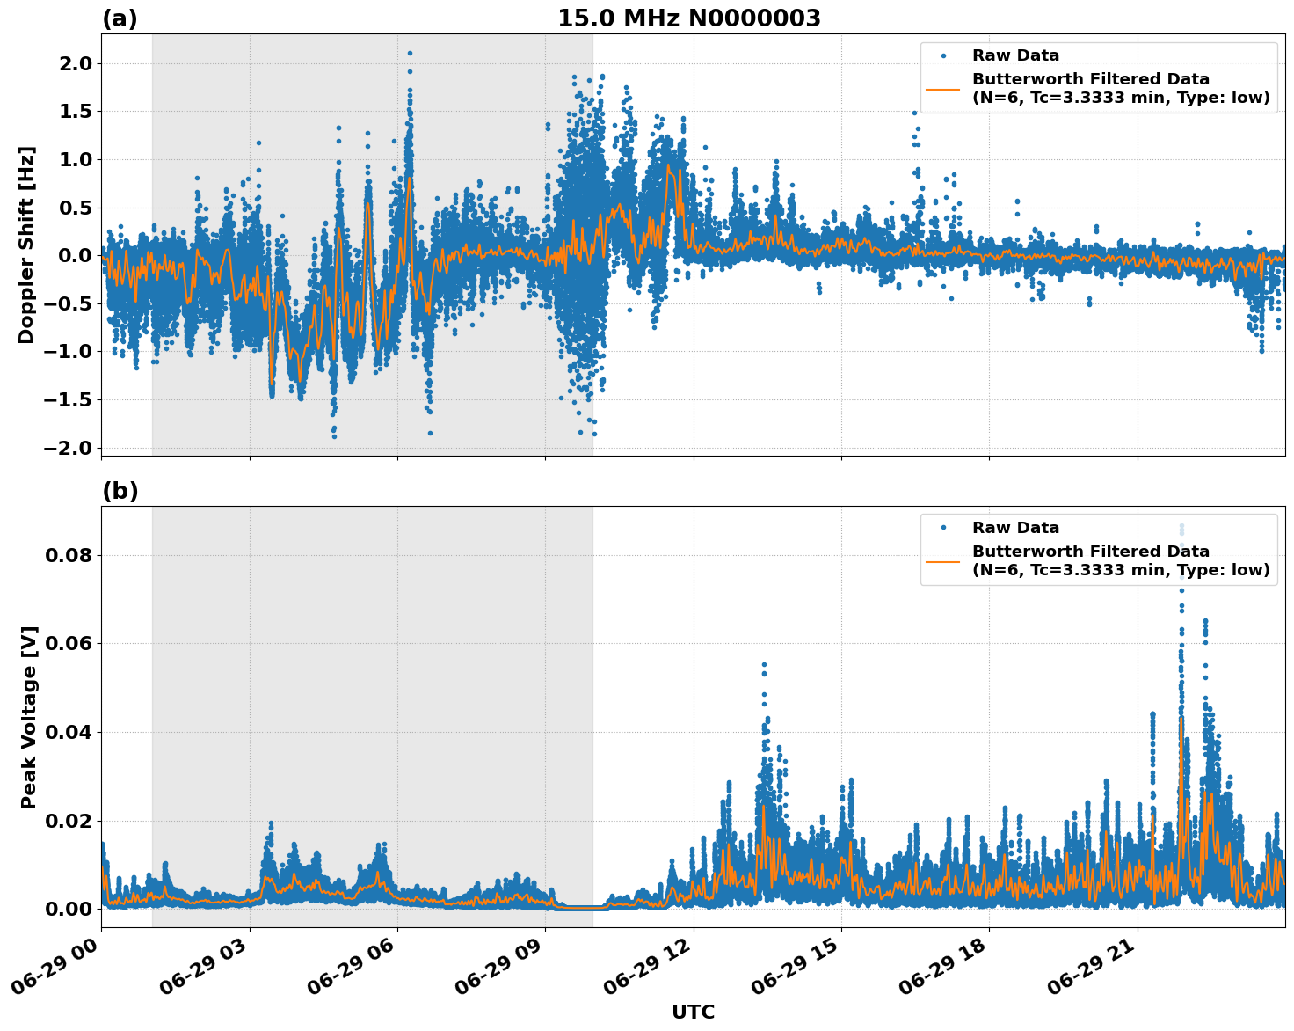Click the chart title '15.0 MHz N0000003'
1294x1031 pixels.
click(688, 18)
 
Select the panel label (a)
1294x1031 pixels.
click(120, 18)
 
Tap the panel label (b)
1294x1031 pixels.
click(120, 491)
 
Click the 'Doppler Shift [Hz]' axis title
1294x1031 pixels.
click(26, 245)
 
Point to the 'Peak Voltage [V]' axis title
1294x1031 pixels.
click(29, 717)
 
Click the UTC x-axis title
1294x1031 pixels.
click(693, 1012)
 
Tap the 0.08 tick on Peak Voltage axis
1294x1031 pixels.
click(69, 555)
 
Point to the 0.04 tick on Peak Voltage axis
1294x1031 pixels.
click(69, 732)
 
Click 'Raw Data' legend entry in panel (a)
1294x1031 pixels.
click(1015, 55)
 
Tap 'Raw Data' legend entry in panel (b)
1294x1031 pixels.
click(1015, 528)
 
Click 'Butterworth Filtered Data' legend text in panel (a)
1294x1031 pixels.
click(1090, 79)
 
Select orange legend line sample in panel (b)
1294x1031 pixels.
click(942, 560)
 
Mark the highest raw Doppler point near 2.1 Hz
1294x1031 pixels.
click(410, 53)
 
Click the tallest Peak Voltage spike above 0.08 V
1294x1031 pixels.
click(1181, 527)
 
